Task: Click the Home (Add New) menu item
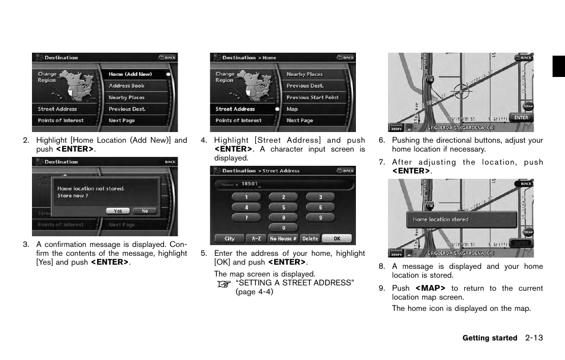(x=130, y=74)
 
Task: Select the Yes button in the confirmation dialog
(x=118, y=211)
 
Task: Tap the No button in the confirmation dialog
(x=145, y=211)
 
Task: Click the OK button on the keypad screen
(x=336, y=239)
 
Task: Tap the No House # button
(x=283, y=239)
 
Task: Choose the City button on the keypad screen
(x=230, y=239)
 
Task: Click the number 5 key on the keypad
(x=283, y=208)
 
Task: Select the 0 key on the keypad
(x=283, y=227)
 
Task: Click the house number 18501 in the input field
(x=250, y=184)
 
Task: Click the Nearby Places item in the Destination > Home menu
(x=304, y=74)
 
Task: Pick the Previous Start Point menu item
(x=312, y=97)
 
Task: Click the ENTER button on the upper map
(x=521, y=117)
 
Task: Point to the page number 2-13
(x=534, y=338)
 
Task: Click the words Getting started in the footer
(x=489, y=338)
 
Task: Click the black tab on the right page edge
(x=558, y=66)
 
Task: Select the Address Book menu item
(x=126, y=86)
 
